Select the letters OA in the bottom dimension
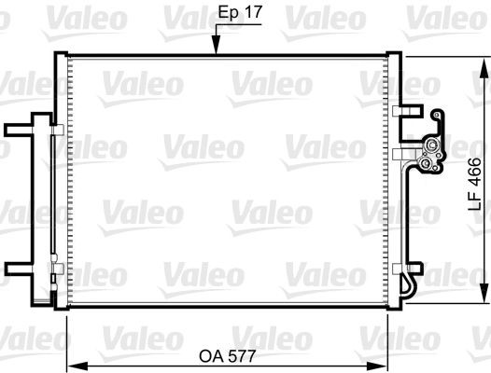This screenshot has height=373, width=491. point(213,355)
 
